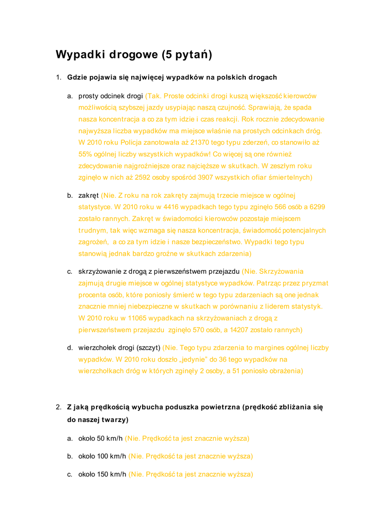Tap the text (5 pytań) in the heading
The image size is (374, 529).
186,54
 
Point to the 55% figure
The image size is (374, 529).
85,154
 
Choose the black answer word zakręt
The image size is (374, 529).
88,195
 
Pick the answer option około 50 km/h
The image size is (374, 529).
100,439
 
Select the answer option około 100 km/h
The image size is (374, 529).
102,456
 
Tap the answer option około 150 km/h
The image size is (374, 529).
102,474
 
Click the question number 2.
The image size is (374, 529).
58,407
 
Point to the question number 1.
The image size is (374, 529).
58,77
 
